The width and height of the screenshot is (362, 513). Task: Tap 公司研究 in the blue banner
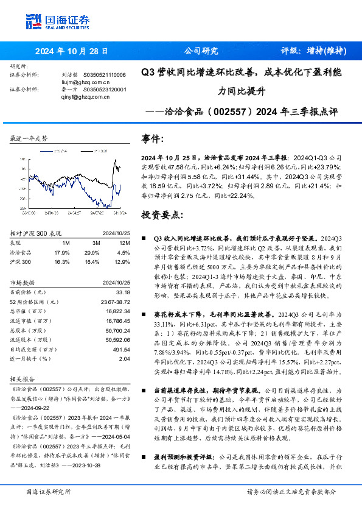201,51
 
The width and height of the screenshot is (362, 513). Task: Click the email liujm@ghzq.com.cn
81,81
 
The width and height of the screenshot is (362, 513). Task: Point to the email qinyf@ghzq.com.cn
82,95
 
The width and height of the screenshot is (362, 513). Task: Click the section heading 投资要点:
161,215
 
